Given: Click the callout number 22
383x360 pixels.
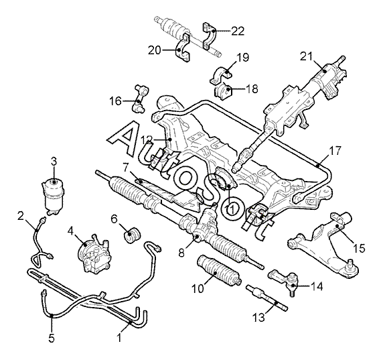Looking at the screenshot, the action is coord(238,31).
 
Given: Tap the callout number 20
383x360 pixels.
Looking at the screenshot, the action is coord(155,50).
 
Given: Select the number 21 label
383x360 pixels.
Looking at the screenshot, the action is coord(306,57).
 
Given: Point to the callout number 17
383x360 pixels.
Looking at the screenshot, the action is coord(335,151).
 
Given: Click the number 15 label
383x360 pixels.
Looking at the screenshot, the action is coord(359,248).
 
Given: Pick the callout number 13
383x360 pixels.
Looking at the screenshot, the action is coord(258,318).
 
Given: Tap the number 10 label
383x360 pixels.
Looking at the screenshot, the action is coord(198,289).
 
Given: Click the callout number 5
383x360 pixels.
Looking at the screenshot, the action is coord(52,339).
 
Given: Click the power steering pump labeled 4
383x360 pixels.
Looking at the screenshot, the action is coord(94,254).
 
